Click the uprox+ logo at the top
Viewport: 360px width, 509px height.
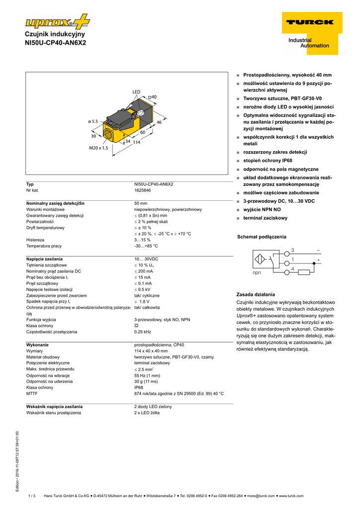pyautogui.click(x=57, y=22)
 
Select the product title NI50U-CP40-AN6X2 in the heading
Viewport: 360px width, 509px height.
pyautogui.click(x=55, y=43)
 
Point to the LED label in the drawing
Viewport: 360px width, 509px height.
pyautogui.click(x=137, y=92)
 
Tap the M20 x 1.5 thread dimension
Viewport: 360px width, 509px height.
pyautogui.click(x=98, y=148)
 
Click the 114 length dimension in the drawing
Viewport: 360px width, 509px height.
pyautogui.click(x=136, y=143)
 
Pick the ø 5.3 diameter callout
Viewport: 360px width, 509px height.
pyautogui.click(x=93, y=121)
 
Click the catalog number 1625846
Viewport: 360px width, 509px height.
pyautogui.click(x=143, y=190)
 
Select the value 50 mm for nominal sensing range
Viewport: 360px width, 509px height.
pyautogui.click(x=141, y=203)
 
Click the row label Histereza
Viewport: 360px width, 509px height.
pyautogui.click(x=35, y=240)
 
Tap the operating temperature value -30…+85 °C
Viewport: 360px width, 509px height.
pyautogui.click(x=146, y=246)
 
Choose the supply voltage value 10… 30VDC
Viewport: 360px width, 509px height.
pyautogui.click(x=146, y=259)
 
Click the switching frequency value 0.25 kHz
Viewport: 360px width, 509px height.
pyautogui.click(x=143, y=332)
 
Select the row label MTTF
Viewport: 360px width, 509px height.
pyautogui.click(x=32, y=393)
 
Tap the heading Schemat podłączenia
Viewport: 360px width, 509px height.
pyautogui.click(x=262, y=237)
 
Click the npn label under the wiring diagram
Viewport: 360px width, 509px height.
pyautogui.click(x=257, y=273)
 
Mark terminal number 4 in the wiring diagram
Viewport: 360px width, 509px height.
pyautogui.click(x=293, y=269)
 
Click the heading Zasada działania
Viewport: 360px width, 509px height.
pyautogui.click(x=256, y=294)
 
